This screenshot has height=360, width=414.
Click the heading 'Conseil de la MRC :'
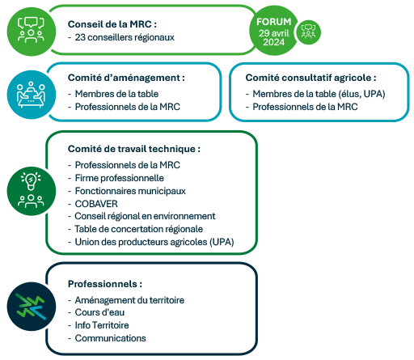point(112,24)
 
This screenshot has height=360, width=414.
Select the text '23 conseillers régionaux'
point(125,37)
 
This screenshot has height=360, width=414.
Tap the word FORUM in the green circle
point(274,22)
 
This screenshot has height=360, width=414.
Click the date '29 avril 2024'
point(274,37)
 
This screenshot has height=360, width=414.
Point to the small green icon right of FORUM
point(309,32)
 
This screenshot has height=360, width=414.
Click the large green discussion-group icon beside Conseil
point(32,32)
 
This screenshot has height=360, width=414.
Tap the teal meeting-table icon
point(32,95)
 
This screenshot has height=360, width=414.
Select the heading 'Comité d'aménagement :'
point(126,78)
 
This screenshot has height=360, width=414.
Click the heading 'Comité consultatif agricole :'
point(310,78)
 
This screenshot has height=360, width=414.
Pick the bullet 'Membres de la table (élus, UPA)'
point(319,94)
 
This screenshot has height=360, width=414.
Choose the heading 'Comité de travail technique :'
point(134,149)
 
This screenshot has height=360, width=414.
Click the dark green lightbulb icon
point(32,191)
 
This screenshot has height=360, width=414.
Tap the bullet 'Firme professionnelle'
point(120,178)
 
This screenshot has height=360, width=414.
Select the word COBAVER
point(96,204)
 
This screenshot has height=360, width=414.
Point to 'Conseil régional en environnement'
point(145,216)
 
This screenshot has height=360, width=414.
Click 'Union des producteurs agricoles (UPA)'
point(154,242)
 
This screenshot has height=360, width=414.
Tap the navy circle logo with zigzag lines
point(32,307)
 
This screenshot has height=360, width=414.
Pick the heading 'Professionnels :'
point(105,284)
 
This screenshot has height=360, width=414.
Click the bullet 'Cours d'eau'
point(99,312)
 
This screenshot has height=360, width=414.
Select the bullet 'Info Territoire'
point(102,325)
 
